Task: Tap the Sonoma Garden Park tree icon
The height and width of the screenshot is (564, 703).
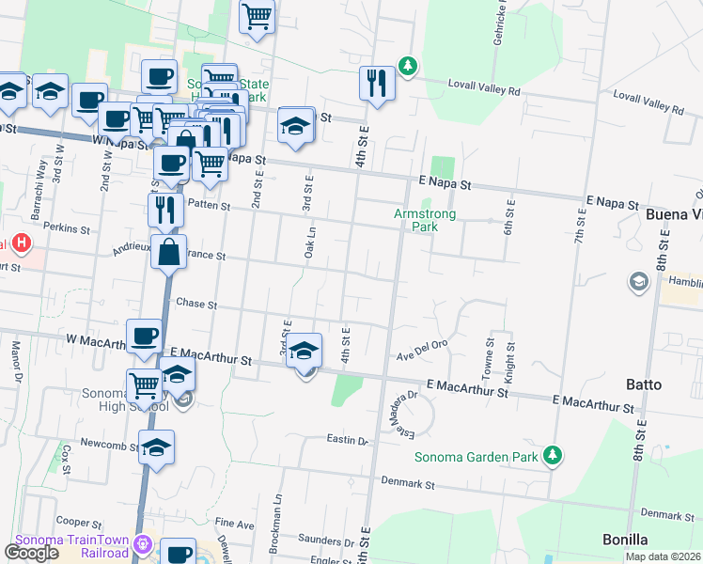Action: (x=554, y=456)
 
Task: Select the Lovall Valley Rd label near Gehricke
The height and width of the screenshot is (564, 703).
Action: (x=487, y=91)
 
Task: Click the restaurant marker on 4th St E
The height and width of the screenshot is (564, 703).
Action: (x=376, y=82)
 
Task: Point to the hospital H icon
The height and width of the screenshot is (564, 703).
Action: (x=22, y=245)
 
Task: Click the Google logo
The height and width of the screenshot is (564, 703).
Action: (x=32, y=553)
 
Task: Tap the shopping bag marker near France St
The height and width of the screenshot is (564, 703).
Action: (x=168, y=252)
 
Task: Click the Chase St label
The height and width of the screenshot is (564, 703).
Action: (x=196, y=305)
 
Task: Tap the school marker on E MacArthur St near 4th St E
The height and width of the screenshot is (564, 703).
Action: (x=304, y=351)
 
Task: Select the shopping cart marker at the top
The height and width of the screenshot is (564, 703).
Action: (x=257, y=16)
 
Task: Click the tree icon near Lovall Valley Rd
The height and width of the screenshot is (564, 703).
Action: (x=407, y=66)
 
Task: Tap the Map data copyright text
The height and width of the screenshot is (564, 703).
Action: (x=664, y=556)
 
